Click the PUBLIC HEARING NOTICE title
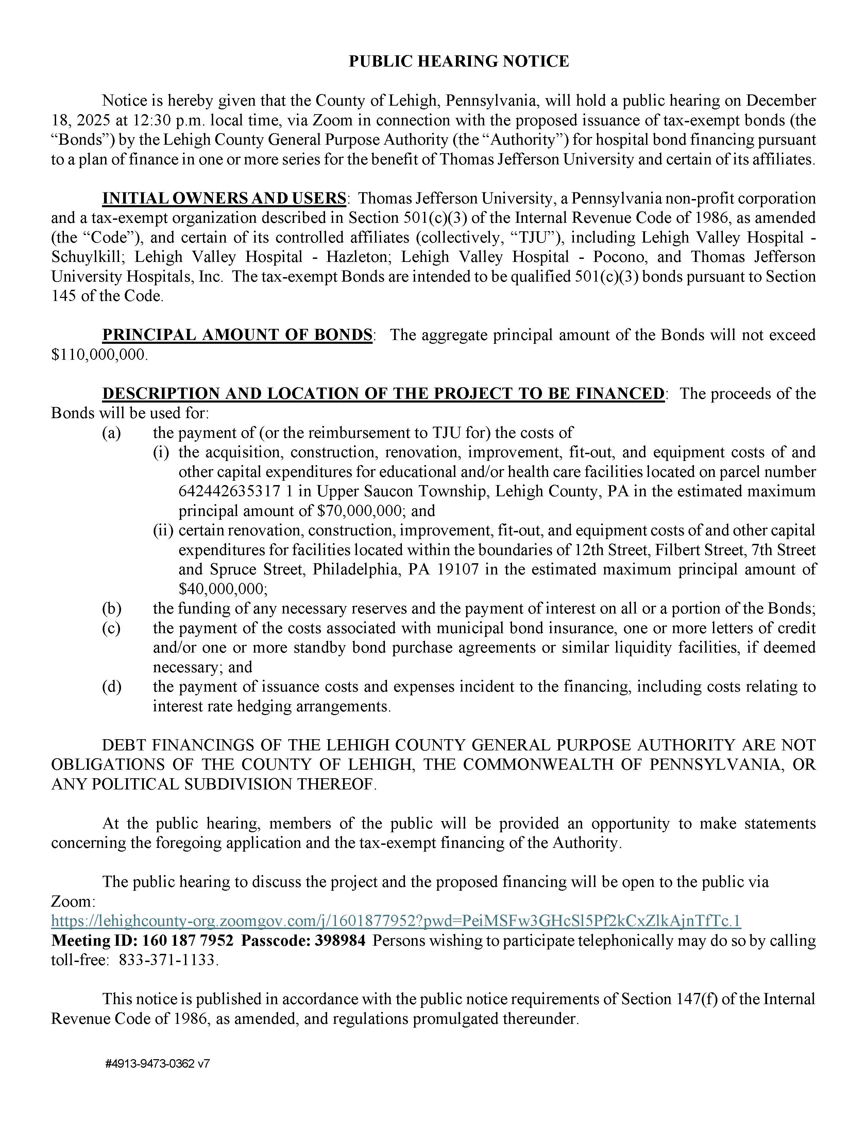[x=459, y=61]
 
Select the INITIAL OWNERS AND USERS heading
[x=224, y=198]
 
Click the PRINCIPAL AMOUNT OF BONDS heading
[x=237, y=335]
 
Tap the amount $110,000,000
[x=98, y=355]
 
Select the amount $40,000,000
[x=222, y=589]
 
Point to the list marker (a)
[x=112, y=433]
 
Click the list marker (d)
[x=112, y=687]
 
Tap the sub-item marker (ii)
[x=163, y=530]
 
